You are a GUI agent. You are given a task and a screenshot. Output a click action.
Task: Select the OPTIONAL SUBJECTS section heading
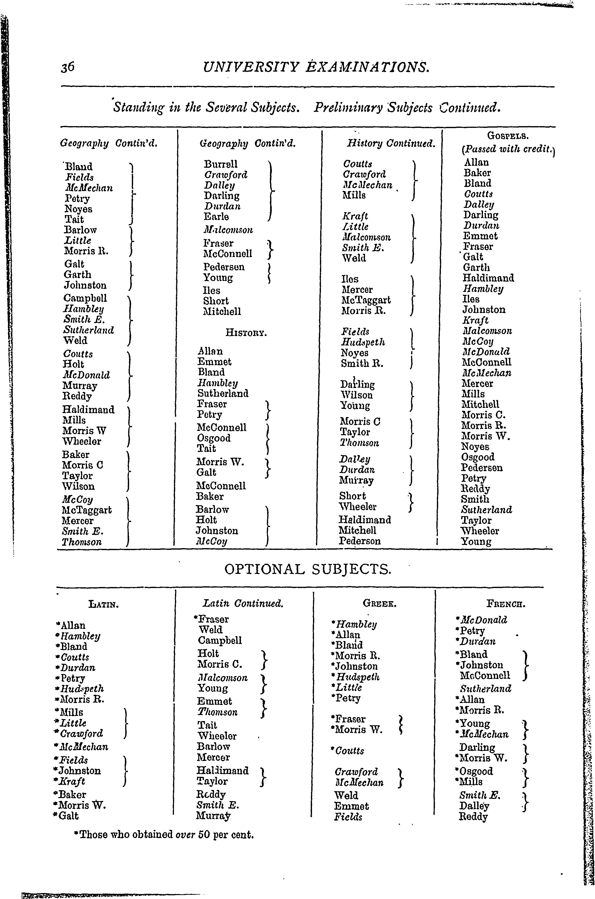click(x=307, y=569)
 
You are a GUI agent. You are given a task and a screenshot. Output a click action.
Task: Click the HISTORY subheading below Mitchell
click(x=246, y=333)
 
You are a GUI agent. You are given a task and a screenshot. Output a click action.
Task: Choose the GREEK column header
click(x=379, y=603)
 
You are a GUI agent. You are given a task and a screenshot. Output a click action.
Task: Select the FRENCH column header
click(x=506, y=603)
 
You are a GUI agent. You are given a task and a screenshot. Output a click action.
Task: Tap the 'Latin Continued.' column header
click(x=243, y=603)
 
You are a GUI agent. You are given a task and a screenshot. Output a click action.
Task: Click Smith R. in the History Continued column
click(x=362, y=364)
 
